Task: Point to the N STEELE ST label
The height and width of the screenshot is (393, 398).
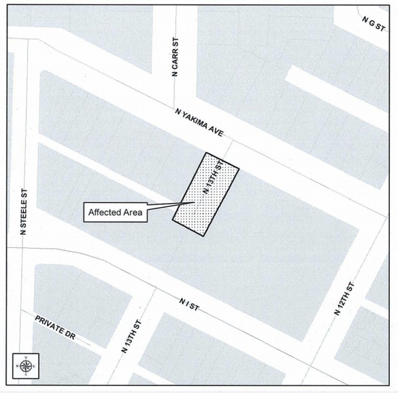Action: (x=22, y=212)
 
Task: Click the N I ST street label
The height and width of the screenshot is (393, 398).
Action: (x=188, y=303)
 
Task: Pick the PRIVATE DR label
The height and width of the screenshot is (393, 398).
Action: (x=54, y=326)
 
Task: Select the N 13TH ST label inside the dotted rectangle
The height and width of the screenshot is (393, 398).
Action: (x=212, y=179)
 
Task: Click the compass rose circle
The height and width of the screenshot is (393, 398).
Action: (x=26, y=366)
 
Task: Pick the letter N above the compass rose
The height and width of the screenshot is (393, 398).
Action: (x=26, y=358)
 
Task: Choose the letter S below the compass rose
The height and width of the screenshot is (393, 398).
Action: (x=26, y=375)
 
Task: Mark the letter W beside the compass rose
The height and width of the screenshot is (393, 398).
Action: (x=18, y=366)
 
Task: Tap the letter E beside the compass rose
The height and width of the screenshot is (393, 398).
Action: (x=34, y=366)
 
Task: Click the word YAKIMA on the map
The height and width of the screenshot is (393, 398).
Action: (x=197, y=121)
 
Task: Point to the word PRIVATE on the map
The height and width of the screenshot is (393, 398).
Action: (x=49, y=324)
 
